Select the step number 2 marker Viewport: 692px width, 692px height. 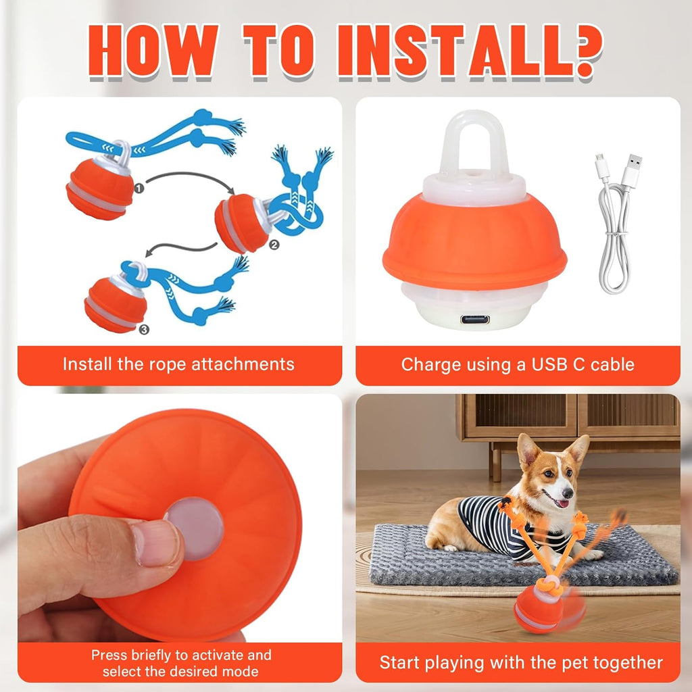(x=274, y=245)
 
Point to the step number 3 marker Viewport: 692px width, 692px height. (x=143, y=329)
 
